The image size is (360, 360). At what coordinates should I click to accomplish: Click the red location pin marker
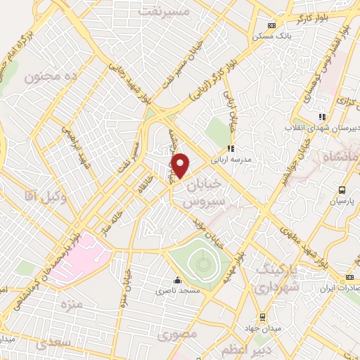181,166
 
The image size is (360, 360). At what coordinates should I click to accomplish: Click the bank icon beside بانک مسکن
264,23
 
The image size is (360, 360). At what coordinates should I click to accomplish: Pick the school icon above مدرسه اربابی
230,148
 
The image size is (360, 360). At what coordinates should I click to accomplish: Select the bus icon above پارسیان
342,190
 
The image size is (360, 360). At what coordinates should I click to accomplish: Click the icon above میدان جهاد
262,316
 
